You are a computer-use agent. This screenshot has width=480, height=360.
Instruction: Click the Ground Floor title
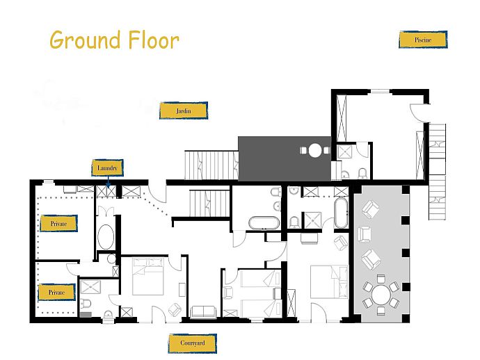coord(114,40)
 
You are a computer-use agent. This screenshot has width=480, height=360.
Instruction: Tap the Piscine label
coord(423,40)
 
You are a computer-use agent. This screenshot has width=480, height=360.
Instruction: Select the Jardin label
coord(184,111)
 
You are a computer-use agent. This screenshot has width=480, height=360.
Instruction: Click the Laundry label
coord(107,168)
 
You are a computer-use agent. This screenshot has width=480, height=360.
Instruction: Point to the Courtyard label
coord(193,343)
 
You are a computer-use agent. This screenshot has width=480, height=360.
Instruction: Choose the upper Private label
coord(58,224)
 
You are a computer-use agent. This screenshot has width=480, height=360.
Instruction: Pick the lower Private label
coord(56,293)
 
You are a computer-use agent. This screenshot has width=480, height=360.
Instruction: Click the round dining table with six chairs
coord(381,295)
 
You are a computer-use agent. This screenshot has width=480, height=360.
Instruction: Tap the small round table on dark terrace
coord(315,151)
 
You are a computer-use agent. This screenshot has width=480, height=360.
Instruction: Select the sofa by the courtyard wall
coord(203,312)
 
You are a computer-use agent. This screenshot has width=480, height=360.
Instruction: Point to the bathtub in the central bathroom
coord(264,223)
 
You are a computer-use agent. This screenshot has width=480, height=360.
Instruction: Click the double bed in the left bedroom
coord(148,277)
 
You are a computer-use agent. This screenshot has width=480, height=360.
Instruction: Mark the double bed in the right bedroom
coord(329,281)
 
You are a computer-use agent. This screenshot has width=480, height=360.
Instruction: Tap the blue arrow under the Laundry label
coord(108,182)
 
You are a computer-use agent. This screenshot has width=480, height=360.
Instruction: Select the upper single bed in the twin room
coord(261,279)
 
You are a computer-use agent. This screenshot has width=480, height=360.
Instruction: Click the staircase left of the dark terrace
coord(211,165)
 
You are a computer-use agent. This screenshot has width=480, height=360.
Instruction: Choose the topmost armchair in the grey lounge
coord(371,209)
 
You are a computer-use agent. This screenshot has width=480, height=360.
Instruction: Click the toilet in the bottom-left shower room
coord(86,303)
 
